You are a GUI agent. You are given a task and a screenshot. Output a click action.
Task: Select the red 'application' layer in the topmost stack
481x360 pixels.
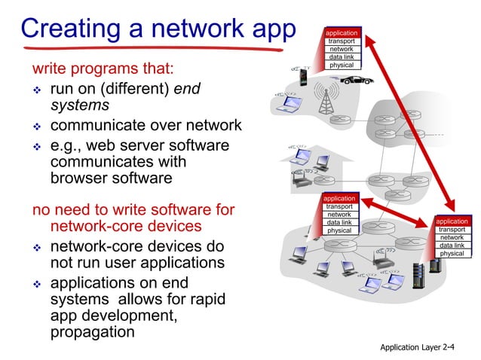click(342, 34)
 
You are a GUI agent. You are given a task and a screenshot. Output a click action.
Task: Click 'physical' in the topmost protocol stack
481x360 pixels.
click(342, 65)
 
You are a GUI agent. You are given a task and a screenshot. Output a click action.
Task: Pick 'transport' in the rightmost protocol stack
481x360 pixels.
click(452, 230)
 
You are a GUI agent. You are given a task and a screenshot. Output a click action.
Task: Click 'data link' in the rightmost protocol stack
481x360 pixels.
click(452, 246)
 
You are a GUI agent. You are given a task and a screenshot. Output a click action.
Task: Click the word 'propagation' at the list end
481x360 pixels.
click(92, 332)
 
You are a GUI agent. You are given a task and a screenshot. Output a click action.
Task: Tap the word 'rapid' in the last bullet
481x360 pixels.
click(204, 299)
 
